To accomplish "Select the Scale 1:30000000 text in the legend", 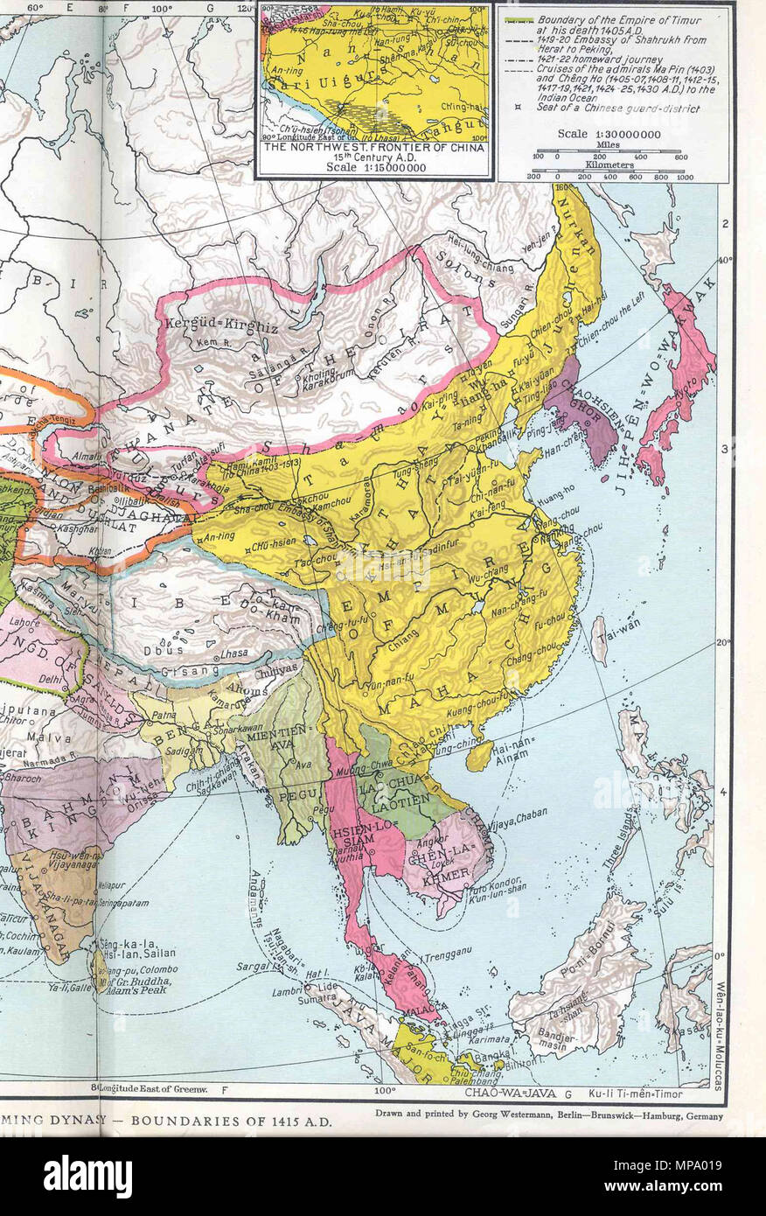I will point(609,134).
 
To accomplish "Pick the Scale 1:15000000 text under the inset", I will point(373,166).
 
